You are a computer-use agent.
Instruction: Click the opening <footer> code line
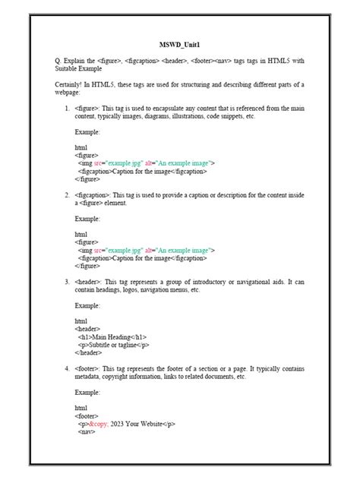point(87,415)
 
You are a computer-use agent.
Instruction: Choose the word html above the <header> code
point(81,321)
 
